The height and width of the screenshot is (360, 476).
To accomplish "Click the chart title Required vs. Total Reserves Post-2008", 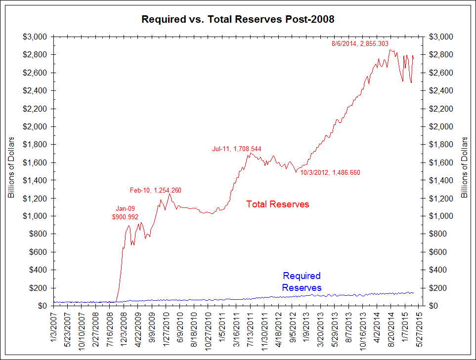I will [238, 20].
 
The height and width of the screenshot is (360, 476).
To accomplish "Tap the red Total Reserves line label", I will [278, 204].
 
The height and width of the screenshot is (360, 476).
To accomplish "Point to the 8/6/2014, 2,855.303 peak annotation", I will [363, 44].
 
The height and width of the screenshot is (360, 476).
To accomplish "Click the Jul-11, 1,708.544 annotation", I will [237, 148].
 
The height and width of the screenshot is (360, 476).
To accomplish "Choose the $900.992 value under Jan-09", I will [125, 217].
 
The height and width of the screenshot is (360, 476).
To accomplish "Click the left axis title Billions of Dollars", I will [11, 168].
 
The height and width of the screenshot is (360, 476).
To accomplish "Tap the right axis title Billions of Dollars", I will [465, 168].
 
